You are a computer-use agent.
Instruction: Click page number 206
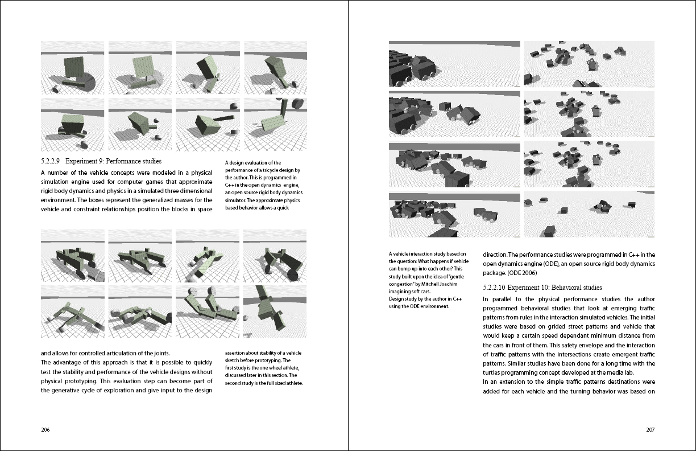coord(45,430)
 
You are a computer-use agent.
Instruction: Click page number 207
coord(650,430)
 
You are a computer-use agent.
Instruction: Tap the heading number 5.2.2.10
coord(497,288)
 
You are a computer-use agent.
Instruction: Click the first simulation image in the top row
coord(72,68)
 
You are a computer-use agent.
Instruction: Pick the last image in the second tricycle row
coord(275,125)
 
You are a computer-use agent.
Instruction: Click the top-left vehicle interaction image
coord(454,64)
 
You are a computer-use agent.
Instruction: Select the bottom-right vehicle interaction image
coord(589,214)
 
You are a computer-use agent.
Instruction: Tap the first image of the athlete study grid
coord(72,256)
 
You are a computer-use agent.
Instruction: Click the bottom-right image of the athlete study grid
coord(275,312)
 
